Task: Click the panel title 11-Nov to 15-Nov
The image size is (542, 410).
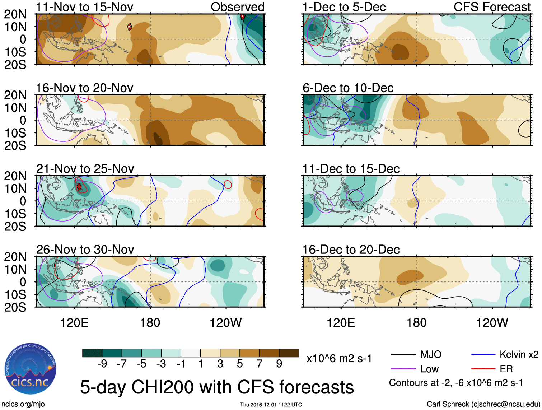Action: [x=85, y=7]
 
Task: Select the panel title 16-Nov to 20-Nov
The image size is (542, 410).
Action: [x=85, y=88]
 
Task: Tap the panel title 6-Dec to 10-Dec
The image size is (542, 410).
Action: [x=348, y=88]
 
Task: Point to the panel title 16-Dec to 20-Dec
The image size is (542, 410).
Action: [x=351, y=249]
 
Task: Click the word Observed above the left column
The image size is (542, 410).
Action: [x=237, y=7]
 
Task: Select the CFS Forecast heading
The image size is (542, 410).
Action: [x=492, y=7]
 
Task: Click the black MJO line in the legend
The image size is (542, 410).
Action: [x=403, y=355]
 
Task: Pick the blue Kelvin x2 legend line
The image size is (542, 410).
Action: [x=483, y=355]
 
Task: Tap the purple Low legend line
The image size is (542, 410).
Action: [x=403, y=369]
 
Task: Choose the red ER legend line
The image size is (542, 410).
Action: [x=483, y=369]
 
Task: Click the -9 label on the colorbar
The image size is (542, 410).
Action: [x=102, y=364]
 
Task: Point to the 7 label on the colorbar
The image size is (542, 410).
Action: [x=260, y=364]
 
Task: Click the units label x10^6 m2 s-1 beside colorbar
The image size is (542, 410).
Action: [x=339, y=358]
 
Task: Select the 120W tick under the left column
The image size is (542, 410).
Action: [x=225, y=322]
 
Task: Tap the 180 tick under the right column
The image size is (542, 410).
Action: [x=416, y=322]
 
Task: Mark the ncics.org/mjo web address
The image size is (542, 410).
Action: [x=23, y=404]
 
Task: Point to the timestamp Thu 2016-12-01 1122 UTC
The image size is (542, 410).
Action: [x=271, y=405]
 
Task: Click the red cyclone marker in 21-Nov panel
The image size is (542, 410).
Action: [x=79, y=186]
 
